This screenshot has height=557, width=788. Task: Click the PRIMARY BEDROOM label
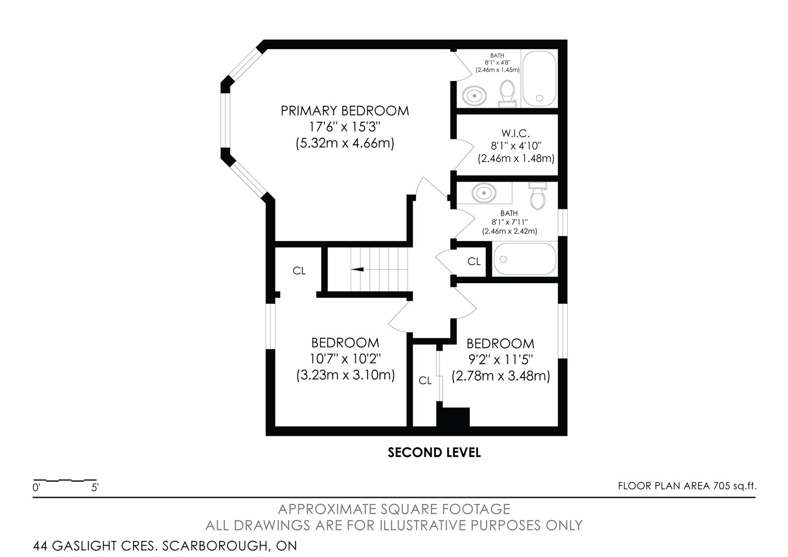344,111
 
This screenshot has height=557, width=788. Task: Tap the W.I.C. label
515,134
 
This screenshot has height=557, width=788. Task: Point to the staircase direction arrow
357,270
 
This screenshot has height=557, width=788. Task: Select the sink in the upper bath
474,95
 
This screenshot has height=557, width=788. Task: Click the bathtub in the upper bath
539,79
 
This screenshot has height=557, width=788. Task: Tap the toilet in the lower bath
537,195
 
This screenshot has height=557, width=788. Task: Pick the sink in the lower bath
484,193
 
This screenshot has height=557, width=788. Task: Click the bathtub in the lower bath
525,259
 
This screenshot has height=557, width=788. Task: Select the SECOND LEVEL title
434,452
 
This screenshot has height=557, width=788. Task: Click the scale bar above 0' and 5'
65,480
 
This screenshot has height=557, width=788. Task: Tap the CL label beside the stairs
299,271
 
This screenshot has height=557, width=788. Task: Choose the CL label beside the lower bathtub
474,261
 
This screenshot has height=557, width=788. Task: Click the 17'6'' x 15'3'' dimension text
344,127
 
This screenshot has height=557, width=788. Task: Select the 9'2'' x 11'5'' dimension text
501,359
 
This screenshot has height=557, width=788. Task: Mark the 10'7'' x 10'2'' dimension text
346,359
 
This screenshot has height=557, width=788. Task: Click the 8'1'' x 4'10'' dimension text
516,145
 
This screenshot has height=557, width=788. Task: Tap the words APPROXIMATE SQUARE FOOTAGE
394,509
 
